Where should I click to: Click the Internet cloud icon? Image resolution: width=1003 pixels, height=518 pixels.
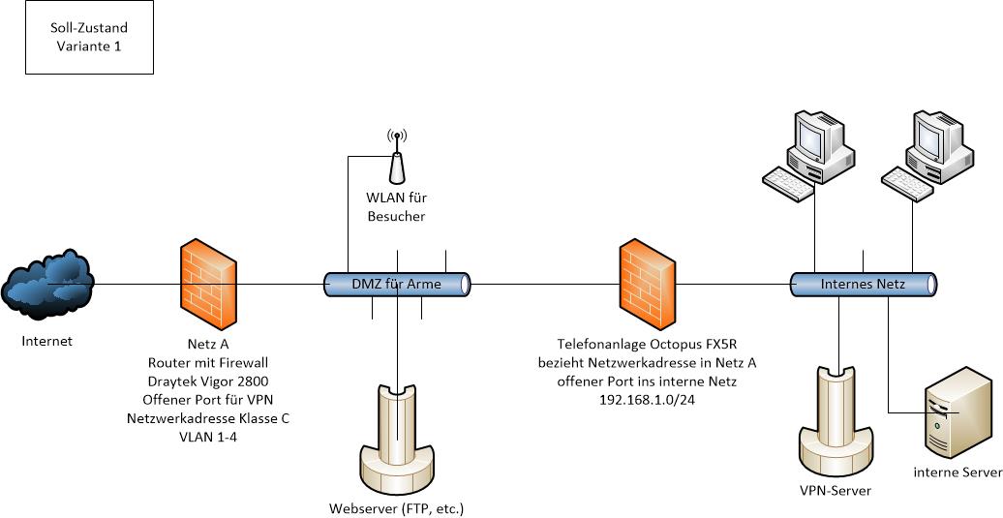pyautogui.click(x=48, y=282)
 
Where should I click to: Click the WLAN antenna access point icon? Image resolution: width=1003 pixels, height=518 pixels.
pyautogui.click(x=395, y=160)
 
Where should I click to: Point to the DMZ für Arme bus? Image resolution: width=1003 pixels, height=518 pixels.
pyautogui.click(x=396, y=284)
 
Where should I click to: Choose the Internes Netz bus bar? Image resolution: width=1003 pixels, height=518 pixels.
pyautogui.click(x=864, y=285)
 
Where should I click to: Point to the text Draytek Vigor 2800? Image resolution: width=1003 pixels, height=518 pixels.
pyautogui.click(x=208, y=381)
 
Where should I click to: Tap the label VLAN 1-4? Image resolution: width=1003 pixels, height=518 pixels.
pyautogui.click(x=208, y=437)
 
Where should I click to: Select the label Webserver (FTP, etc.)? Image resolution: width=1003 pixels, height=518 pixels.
pyautogui.click(x=403, y=507)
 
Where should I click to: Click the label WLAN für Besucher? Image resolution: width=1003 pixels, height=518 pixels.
pyautogui.click(x=396, y=207)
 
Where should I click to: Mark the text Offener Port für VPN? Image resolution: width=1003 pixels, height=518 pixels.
pyautogui.click(x=208, y=399)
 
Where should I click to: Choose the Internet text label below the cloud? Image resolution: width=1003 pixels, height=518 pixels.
pyautogui.click(x=48, y=341)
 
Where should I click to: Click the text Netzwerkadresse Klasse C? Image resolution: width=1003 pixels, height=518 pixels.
pyautogui.click(x=208, y=418)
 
